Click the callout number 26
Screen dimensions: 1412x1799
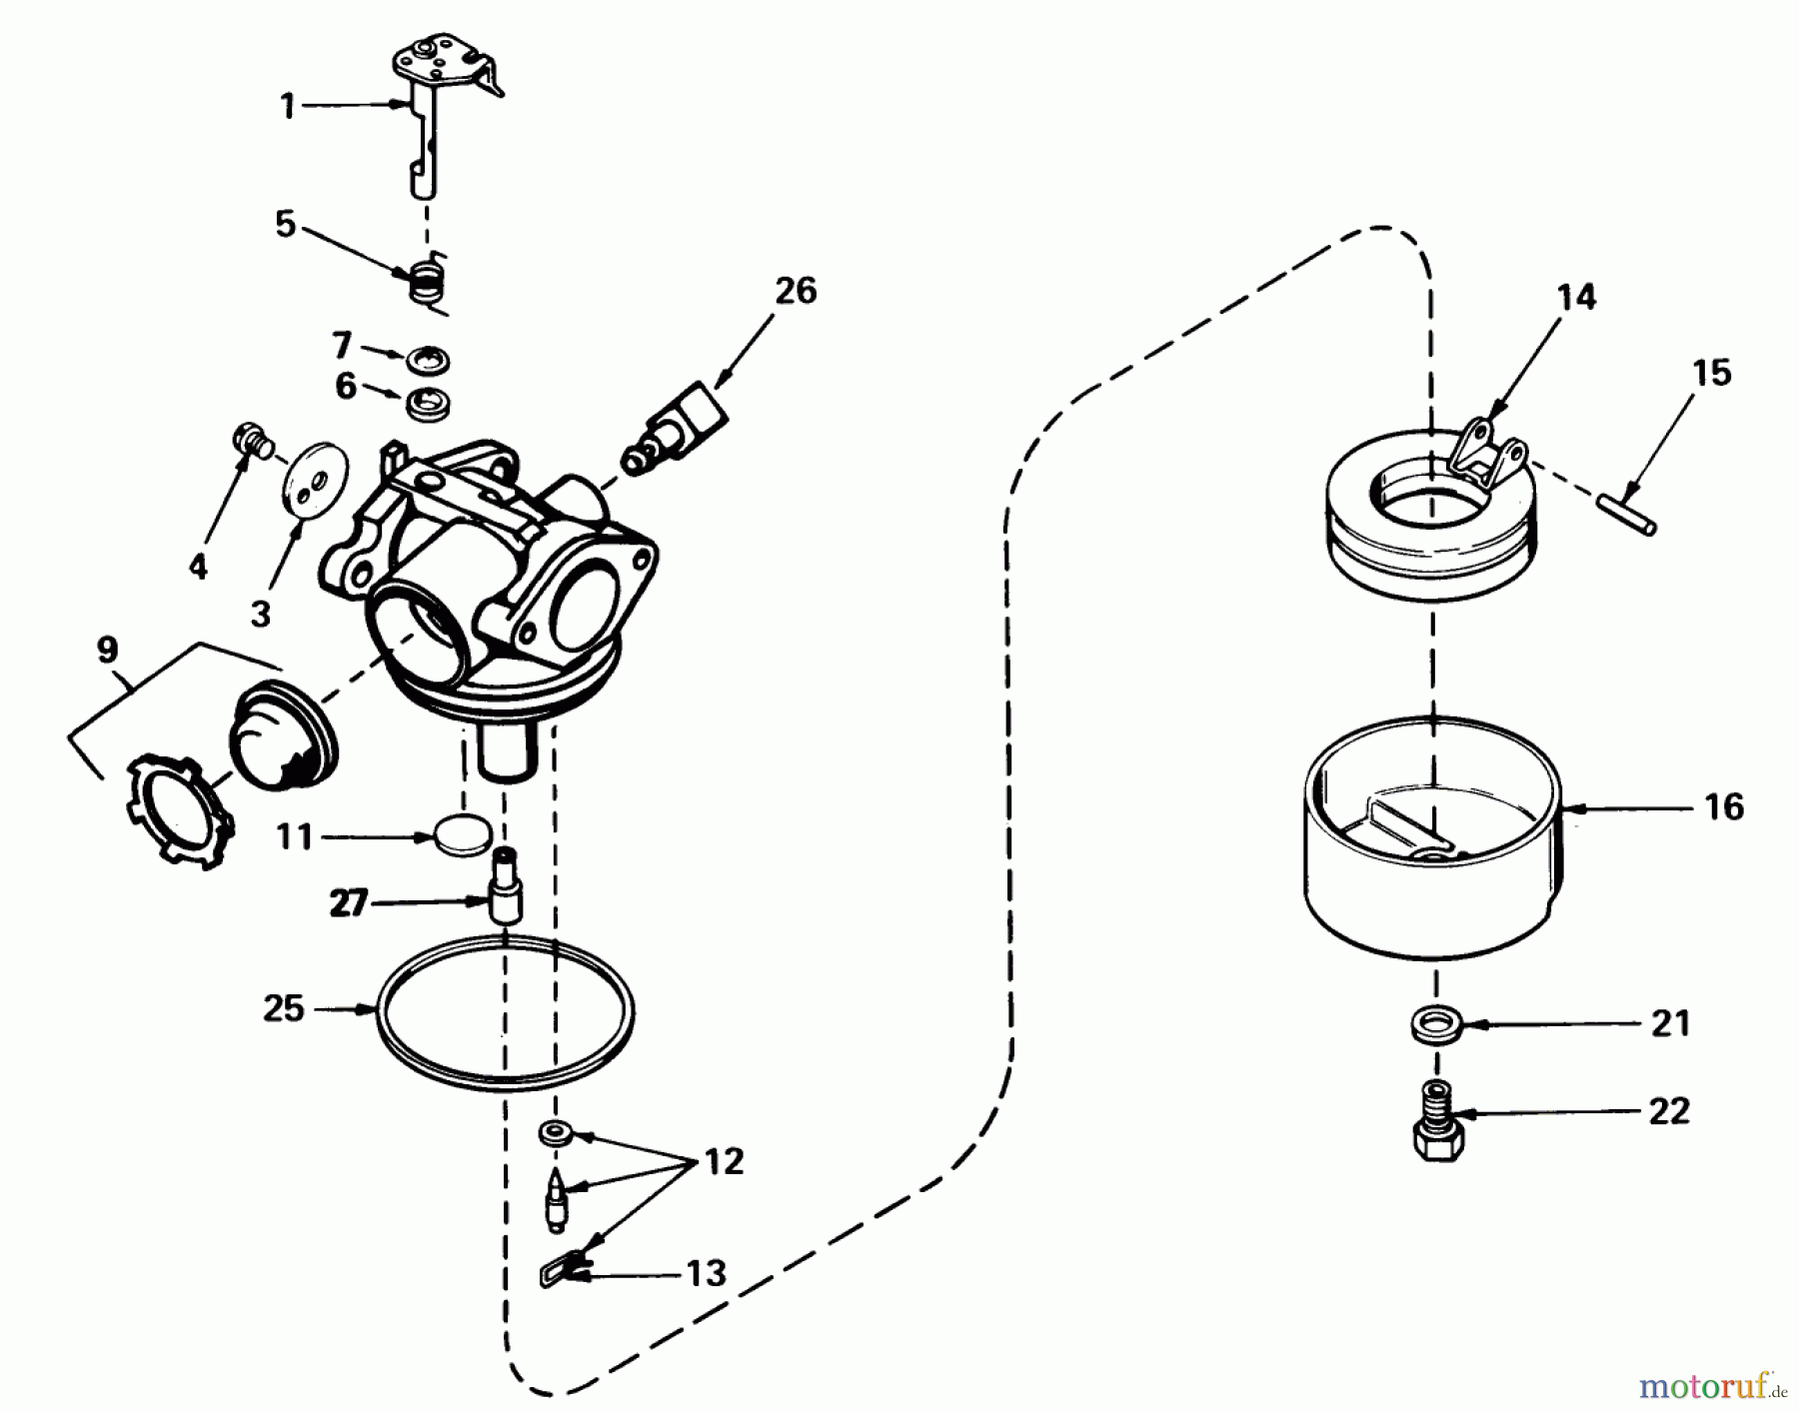pyautogui.click(x=796, y=291)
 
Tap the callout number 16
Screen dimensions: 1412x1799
pyautogui.click(x=1723, y=806)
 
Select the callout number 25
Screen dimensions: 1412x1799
pyautogui.click(x=283, y=1008)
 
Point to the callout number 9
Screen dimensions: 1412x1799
pyautogui.click(x=108, y=651)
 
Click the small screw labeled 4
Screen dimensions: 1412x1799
pyautogui.click(x=250, y=440)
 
